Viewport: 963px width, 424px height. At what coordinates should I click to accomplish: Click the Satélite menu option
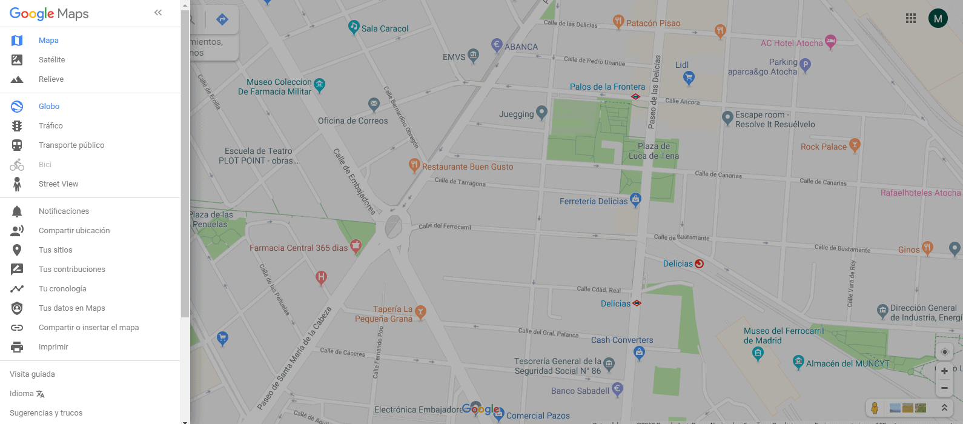[51, 60]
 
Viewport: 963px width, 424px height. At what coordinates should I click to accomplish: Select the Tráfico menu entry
[50, 126]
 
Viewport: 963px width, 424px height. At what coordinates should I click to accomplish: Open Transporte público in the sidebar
[71, 145]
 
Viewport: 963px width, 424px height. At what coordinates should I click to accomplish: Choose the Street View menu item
[58, 184]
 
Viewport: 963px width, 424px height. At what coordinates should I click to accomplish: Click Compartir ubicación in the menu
[74, 231]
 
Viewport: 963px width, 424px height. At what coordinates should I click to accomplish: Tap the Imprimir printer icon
[17, 347]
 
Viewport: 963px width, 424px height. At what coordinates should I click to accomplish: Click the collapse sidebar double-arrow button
[158, 13]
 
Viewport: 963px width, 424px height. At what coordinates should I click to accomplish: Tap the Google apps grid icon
[910, 18]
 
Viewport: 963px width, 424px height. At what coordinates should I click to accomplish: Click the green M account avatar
[938, 18]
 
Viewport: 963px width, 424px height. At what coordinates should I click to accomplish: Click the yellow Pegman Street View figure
[875, 408]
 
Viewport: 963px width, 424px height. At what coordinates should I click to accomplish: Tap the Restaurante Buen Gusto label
[467, 167]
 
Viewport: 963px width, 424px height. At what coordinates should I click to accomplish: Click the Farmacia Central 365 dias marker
[356, 245]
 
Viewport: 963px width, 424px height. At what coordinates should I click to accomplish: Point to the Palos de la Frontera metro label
[607, 87]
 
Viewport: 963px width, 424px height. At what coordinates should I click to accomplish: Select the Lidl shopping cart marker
[688, 77]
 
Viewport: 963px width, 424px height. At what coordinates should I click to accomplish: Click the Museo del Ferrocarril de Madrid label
[783, 336]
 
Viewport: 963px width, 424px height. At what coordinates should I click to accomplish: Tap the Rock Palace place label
[823, 147]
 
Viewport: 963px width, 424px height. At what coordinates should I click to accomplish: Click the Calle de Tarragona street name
[460, 182]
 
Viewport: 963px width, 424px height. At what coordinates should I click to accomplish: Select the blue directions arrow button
[222, 20]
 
